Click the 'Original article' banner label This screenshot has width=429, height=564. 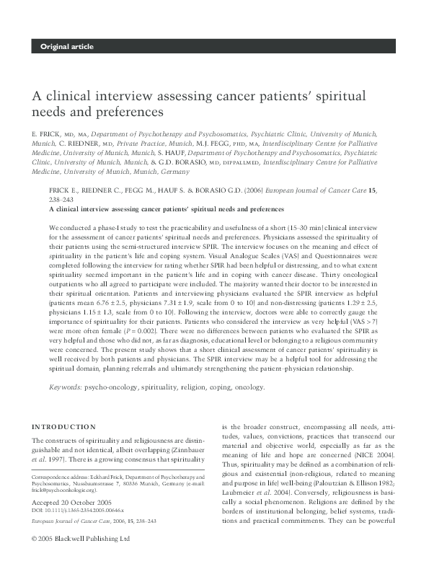click(x=67, y=47)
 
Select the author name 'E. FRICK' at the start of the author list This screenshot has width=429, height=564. click(x=45, y=134)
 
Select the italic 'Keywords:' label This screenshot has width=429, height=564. click(x=65, y=387)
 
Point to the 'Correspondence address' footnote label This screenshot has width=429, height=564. click(x=63, y=478)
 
